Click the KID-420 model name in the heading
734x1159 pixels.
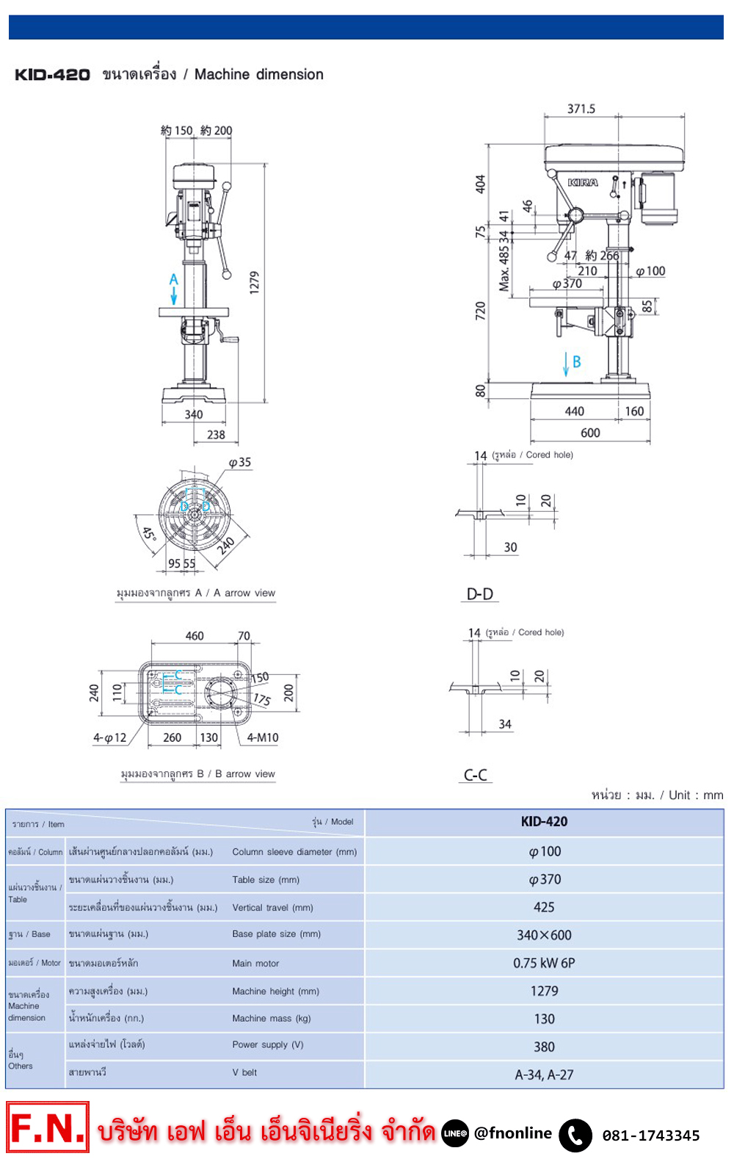(52, 75)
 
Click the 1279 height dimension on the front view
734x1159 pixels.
(254, 282)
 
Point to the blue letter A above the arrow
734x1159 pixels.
(173, 280)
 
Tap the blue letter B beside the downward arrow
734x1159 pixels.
(577, 361)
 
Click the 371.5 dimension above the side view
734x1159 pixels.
(581, 109)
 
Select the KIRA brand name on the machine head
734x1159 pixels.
(583, 182)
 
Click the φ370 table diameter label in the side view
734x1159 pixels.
(567, 284)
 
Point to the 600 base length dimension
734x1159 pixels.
(590, 433)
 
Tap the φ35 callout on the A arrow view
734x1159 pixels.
(239, 462)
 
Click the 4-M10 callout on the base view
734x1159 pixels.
(263, 737)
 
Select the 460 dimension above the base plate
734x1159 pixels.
(195, 636)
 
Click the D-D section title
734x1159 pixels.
(480, 593)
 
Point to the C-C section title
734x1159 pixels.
(476, 775)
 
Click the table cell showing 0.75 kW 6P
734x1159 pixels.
(544, 963)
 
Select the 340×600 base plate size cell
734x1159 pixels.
(544, 935)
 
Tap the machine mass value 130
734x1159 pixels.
(544, 1019)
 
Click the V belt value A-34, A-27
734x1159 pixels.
(544, 1075)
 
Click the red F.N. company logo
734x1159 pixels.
(48, 1127)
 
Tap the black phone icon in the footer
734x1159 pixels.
(575, 1135)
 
